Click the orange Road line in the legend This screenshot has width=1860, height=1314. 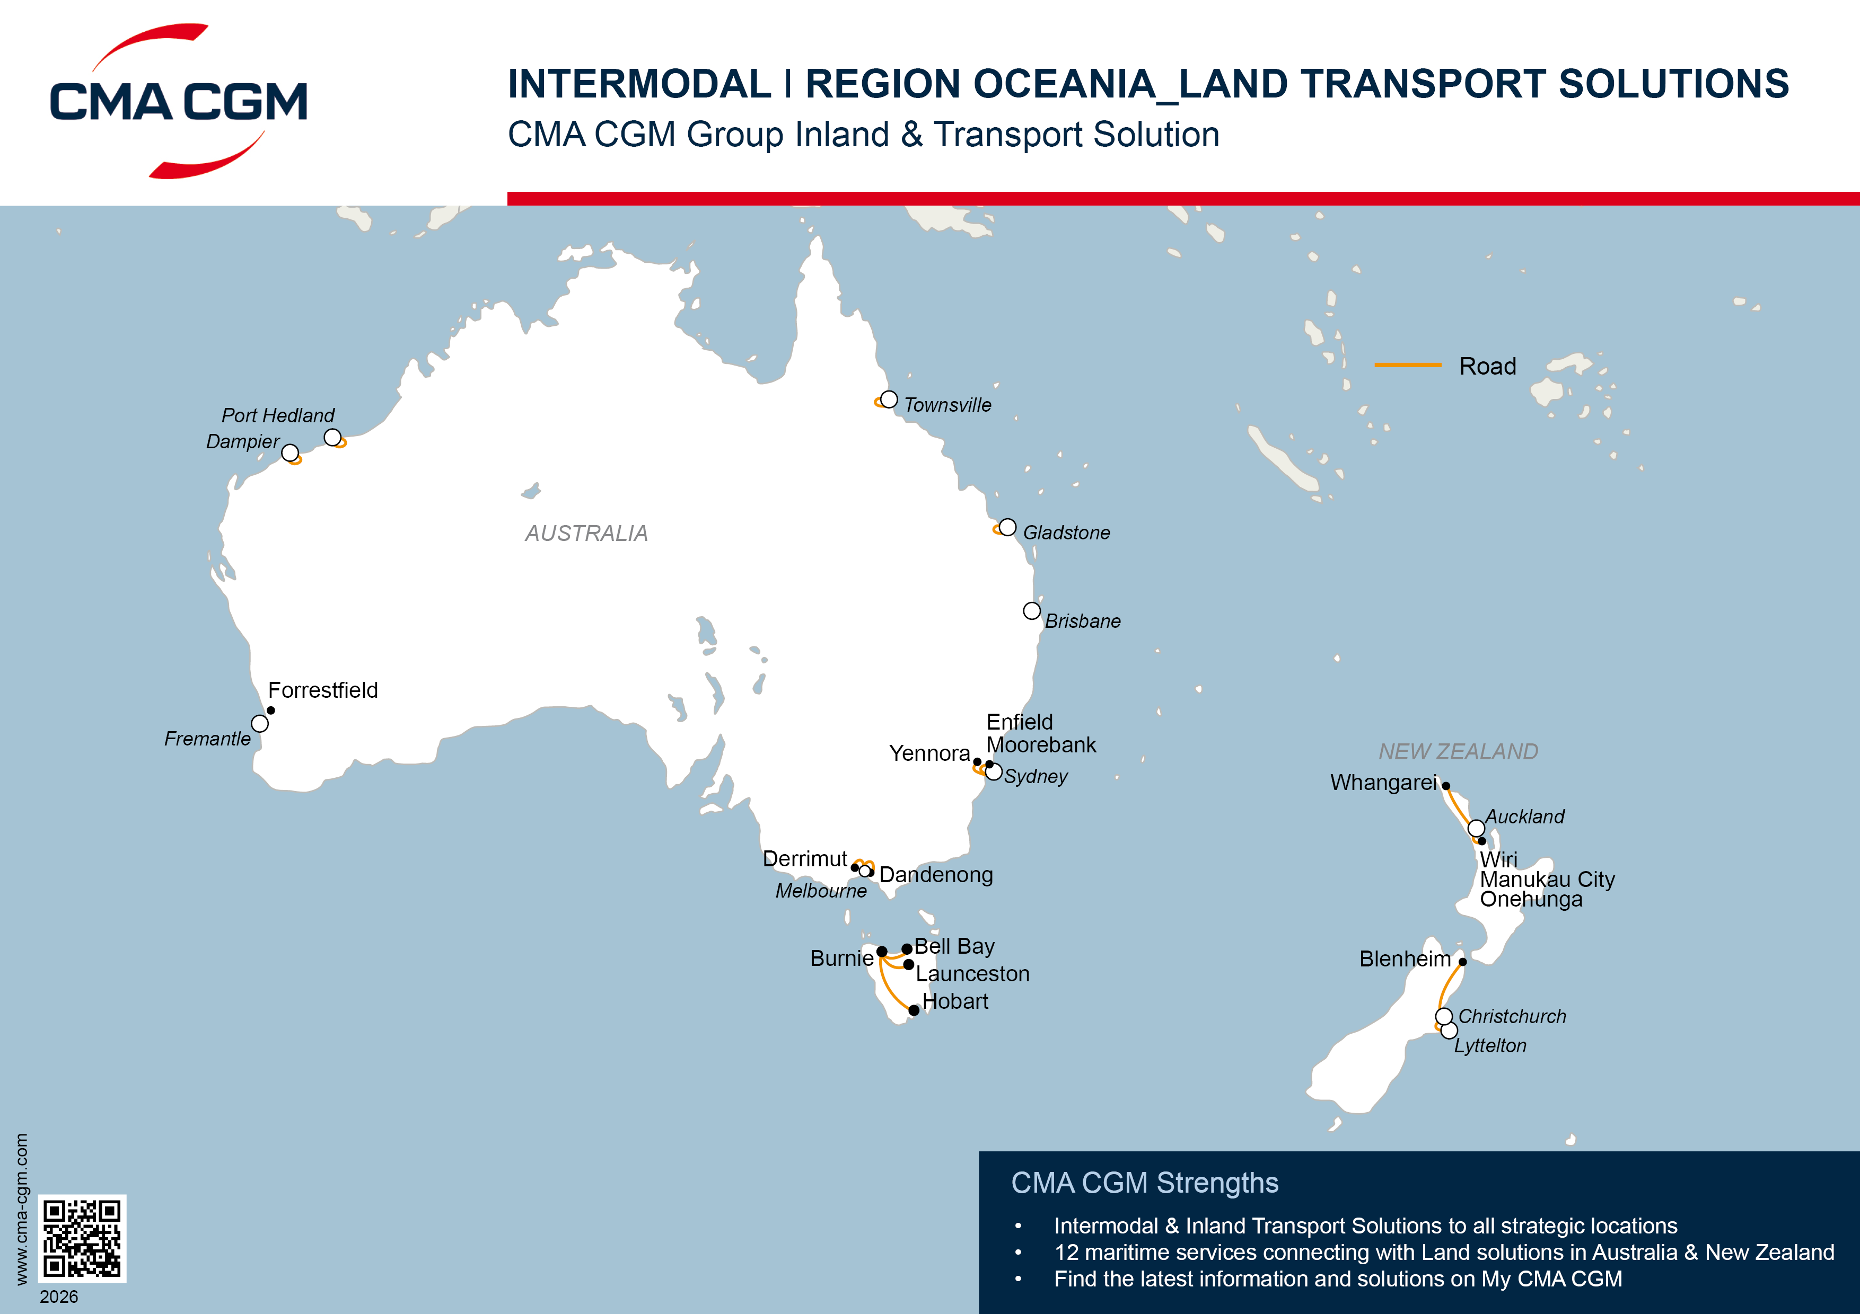tap(1407, 365)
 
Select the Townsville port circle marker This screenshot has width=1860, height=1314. tap(889, 399)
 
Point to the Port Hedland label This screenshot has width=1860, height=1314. tap(278, 415)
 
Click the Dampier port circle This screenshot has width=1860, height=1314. tap(290, 452)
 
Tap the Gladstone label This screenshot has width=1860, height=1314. tap(1066, 532)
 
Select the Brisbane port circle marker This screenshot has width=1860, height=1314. tap(1031, 610)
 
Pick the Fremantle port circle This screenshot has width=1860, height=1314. tap(259, 723)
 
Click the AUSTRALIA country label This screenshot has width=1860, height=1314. tap(586, 534)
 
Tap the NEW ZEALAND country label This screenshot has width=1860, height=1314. tap(1458, 752)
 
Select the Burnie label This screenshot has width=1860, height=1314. tap(841, 958)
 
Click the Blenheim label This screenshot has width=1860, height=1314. tap(1405, 960)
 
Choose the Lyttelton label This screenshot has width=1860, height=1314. tap(1490, 1046)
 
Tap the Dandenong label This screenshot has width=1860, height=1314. tap(936, 875)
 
